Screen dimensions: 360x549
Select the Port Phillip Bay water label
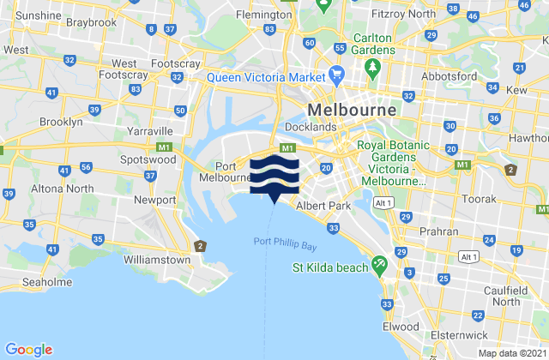pyautogui.click(x=287, y=243)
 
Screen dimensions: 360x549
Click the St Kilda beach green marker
pyautogui.click(x=379, y=267)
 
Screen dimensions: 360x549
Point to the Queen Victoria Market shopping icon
pyautogui.click(x=337, y=75)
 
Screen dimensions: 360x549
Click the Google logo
pyautogui.click(x=29, y=349)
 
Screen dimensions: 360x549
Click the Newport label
pyautogui.click(x=154, y=200)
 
